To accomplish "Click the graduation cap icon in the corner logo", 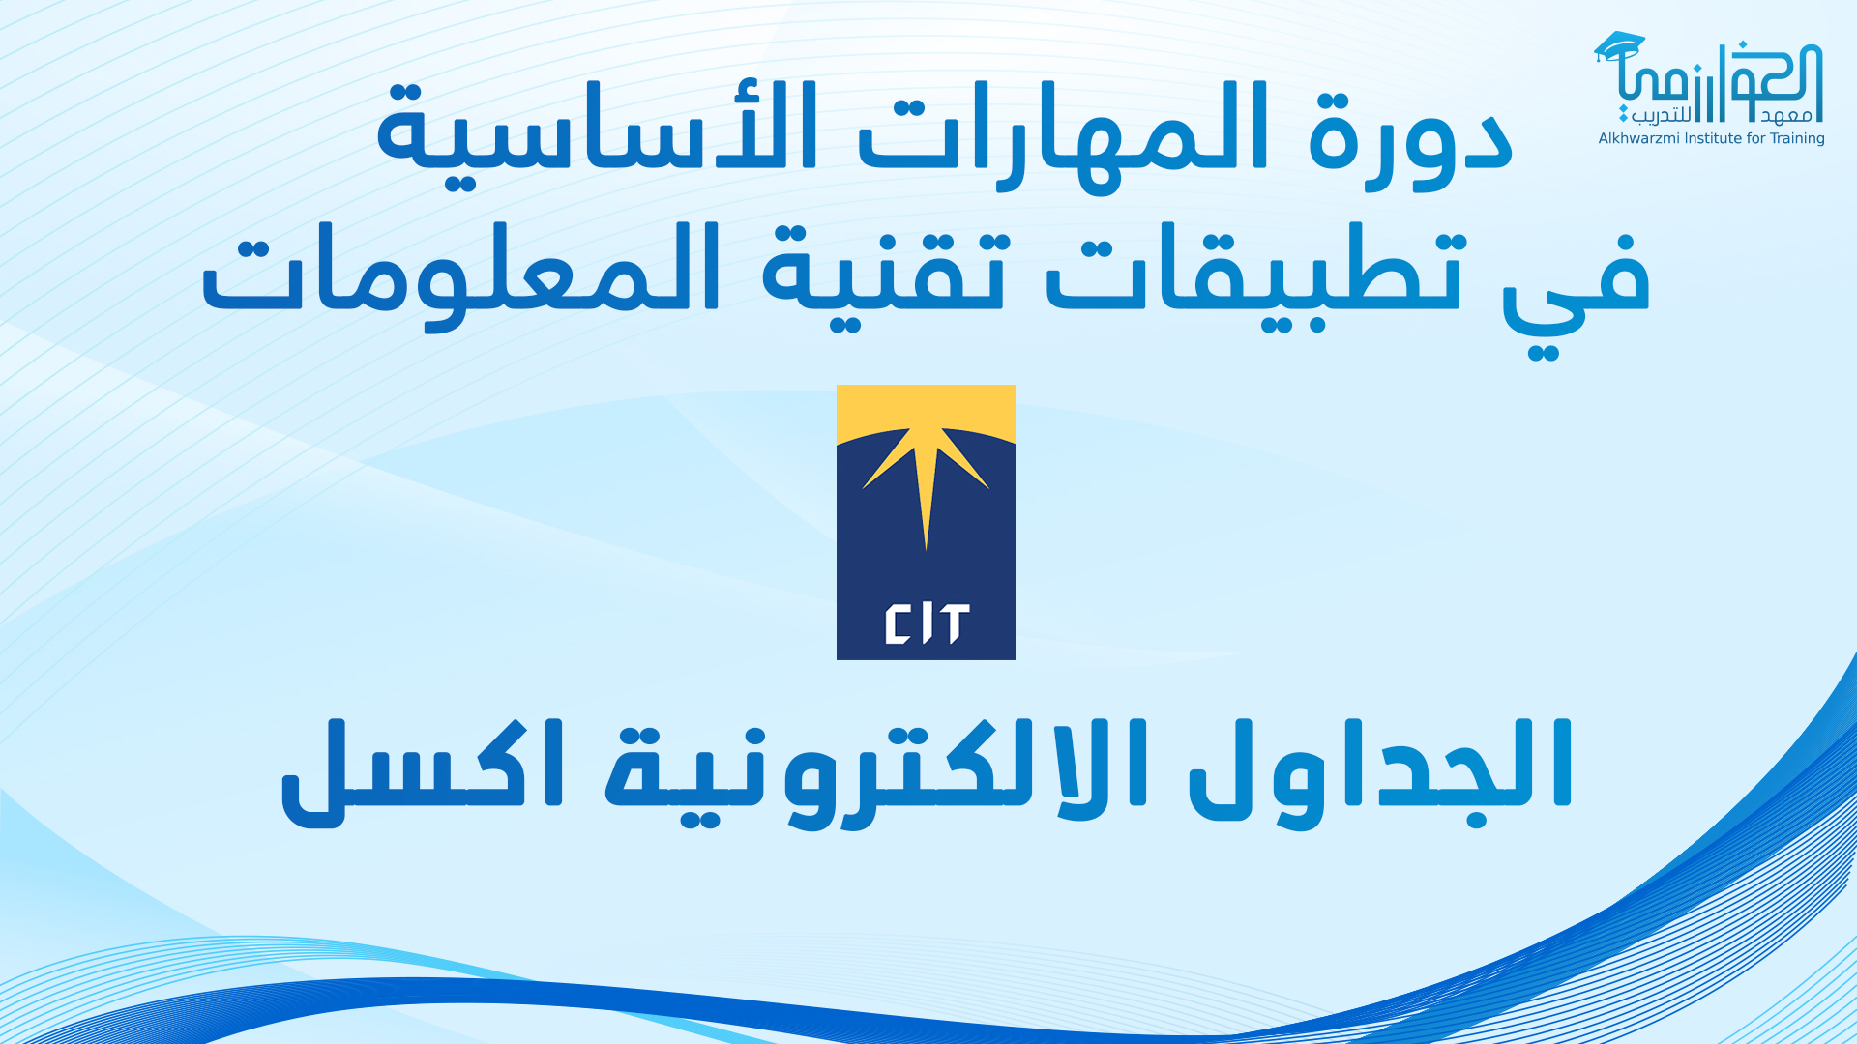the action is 1619,47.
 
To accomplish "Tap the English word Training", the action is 1797,138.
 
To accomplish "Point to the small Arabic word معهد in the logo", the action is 1785,116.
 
